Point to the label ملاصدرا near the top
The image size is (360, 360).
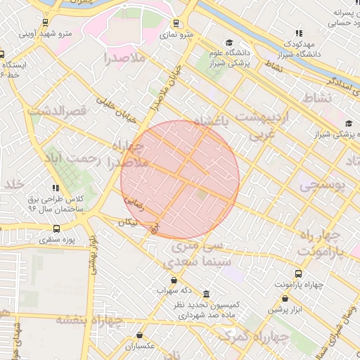[124, 58]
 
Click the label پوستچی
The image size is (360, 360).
[323, 185]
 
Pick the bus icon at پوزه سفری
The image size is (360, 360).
[57, 229]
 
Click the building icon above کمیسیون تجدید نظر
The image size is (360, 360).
[206, 294]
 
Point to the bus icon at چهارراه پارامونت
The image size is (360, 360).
[298, 274]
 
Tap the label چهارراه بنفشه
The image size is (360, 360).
[89, 320]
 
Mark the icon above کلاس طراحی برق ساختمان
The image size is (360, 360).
[56, 188]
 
